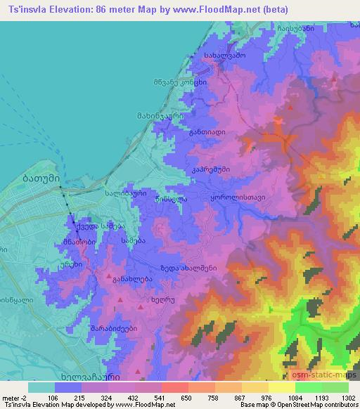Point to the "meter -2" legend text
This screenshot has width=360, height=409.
coord(15,397)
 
